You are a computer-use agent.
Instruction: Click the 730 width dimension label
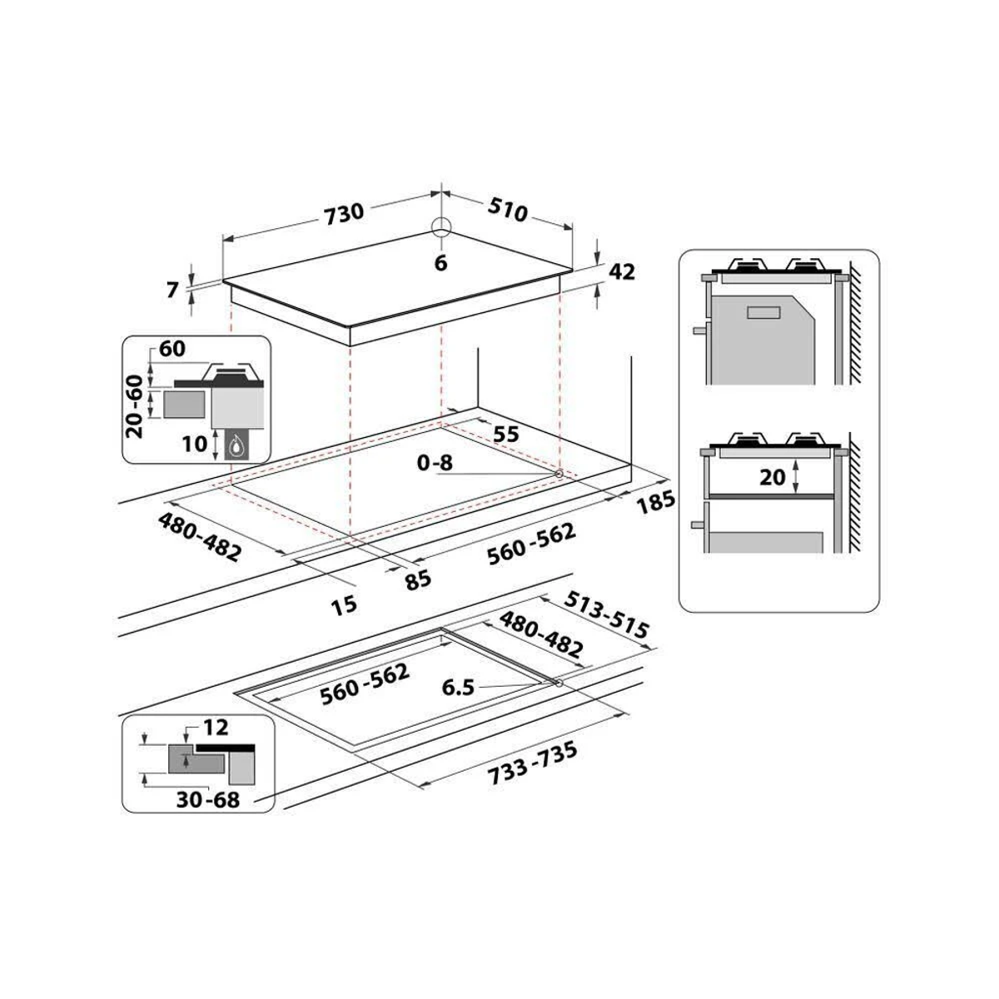coord(344,212)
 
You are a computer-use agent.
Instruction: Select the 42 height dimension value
coord(622,271)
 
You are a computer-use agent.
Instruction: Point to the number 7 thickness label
coord(172,290)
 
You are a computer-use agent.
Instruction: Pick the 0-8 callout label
coord(435,463)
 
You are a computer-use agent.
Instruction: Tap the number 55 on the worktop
coord(506,434)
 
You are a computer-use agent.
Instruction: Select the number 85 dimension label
coord(418,579)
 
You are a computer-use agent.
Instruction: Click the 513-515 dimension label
coord(606,615)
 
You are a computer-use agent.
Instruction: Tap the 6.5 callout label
coord(459,688)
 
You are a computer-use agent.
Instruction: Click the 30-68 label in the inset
coord(208,800)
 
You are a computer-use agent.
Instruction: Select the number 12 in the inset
coord(215,728)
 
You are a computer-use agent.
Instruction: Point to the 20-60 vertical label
coord(134,405)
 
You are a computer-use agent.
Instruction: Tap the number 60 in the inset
coord(171,350)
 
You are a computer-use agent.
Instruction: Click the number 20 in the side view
coord(773,477)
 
